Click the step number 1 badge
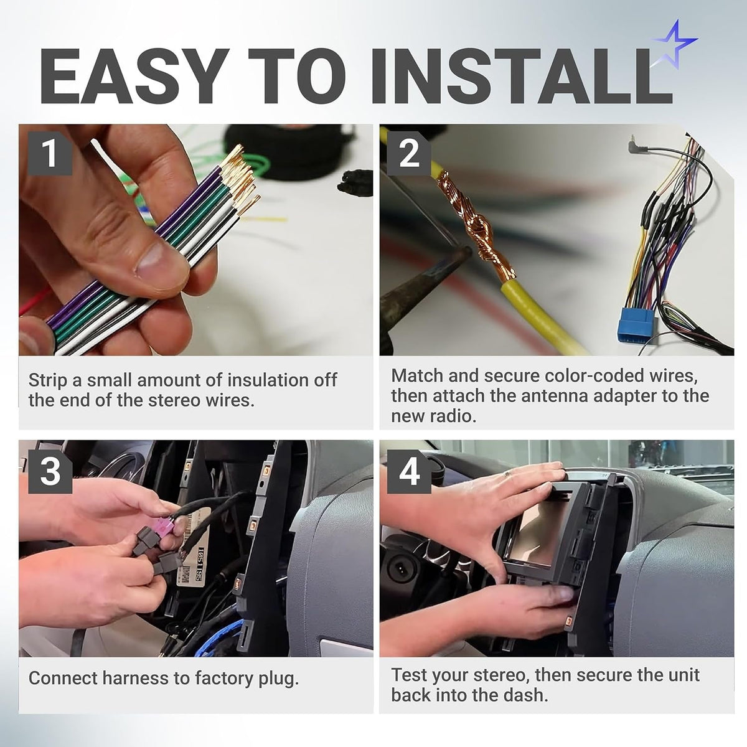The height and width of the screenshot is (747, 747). point(50,153)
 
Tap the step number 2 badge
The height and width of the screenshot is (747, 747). point(410,153)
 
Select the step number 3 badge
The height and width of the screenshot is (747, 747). point(50,471)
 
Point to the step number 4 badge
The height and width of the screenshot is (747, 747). point(410,471)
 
